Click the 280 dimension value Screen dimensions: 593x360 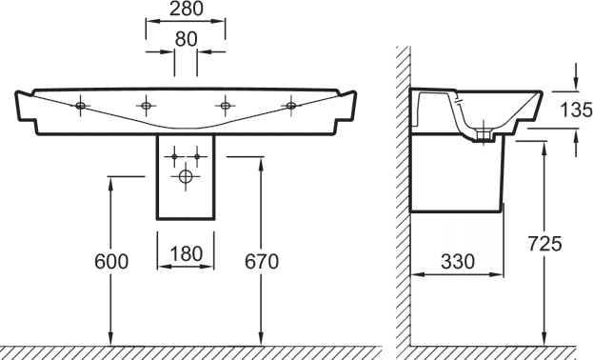point(186,10)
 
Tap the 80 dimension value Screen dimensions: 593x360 point(186,39)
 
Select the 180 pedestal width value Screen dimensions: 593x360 point(186,254)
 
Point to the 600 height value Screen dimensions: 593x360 point(111,262)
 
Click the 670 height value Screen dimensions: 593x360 point(262,262)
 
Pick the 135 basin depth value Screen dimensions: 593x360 point(576,110)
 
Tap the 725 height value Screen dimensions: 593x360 point(544,244)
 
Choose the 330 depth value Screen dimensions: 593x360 point(457,262)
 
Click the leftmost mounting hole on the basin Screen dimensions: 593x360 point(80,106)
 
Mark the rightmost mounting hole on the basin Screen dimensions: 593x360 point(291,106)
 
